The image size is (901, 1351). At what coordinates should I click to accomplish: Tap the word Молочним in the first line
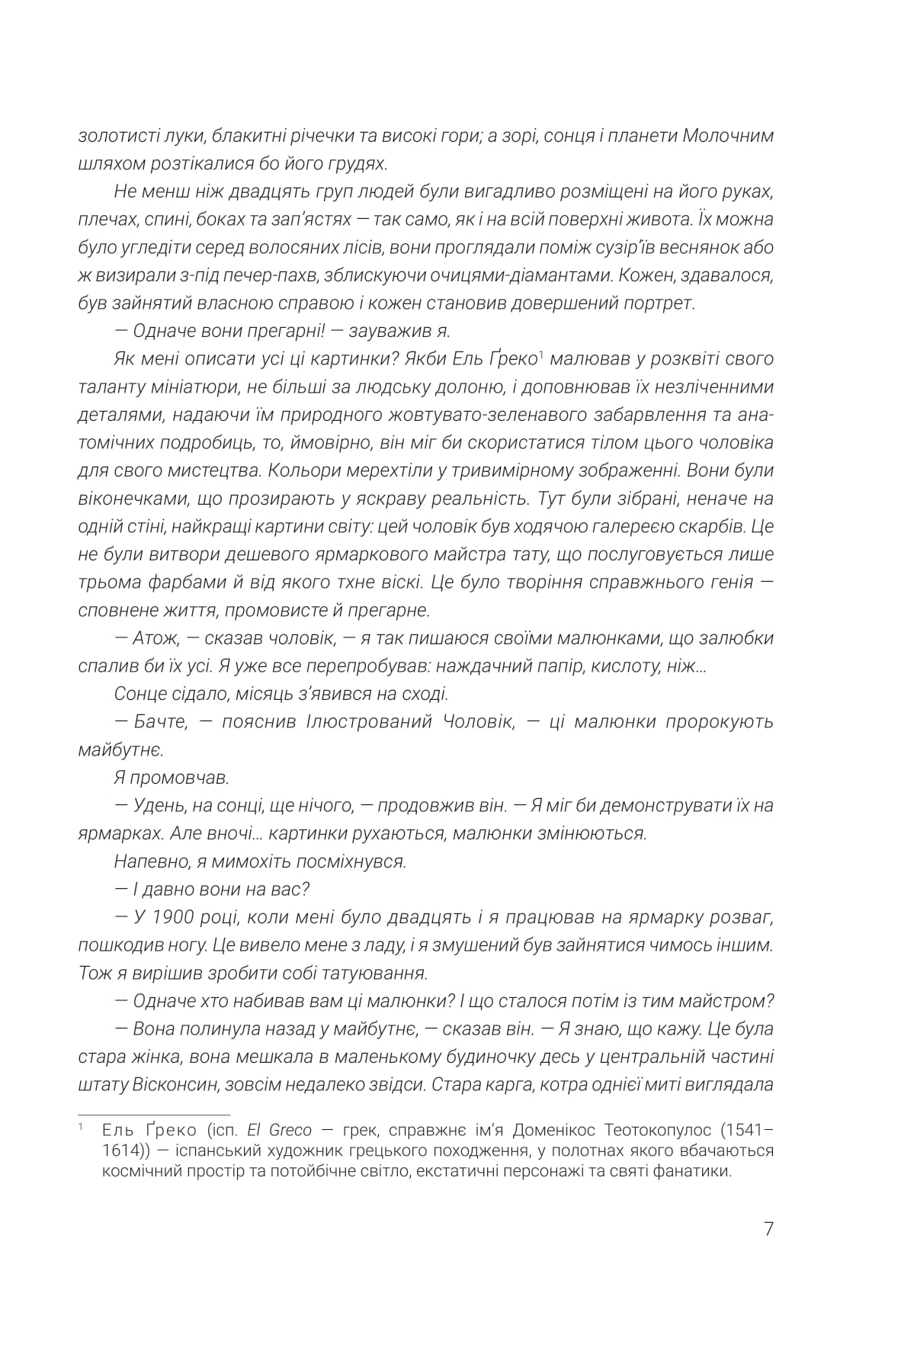[x=725, y=136]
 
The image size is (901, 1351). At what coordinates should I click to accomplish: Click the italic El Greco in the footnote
[x=279, y=1130]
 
